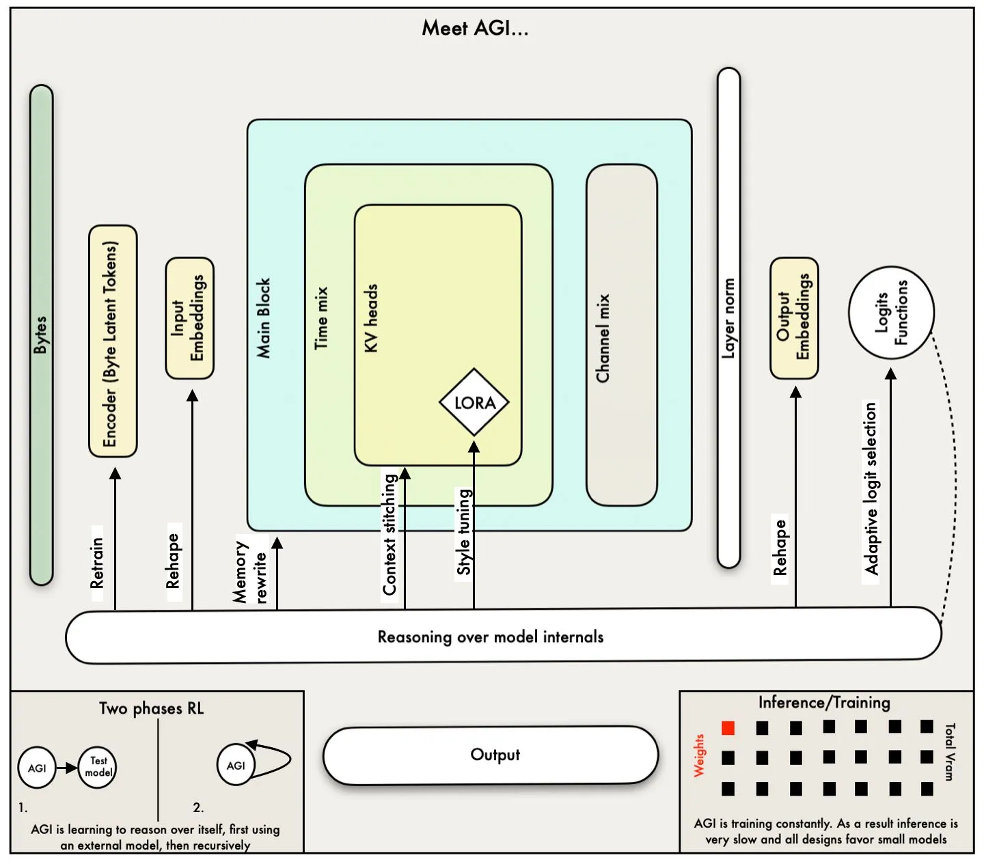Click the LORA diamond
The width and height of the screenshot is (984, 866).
tap(474, 402)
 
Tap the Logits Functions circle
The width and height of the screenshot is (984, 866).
tap(891, 313)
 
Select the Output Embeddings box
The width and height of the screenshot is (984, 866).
tap(794, 318)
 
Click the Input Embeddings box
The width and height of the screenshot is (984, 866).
tap(189, 318)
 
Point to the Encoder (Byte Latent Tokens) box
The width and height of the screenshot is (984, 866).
tap(113, 341)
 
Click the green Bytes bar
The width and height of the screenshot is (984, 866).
tap(42, 335)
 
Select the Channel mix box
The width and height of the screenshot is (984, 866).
tap(621, 335)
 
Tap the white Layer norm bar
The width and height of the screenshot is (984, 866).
tap(728, 318)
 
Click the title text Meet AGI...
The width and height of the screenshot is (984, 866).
tap(475, 28)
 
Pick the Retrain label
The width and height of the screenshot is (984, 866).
tap(97, 563)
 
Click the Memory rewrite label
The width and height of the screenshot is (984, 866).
tap(249, 571)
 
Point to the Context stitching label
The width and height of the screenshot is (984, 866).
tap(389, 535)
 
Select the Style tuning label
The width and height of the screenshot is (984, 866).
tap(464, 532)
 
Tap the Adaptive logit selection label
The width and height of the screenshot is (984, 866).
tap(870, 489)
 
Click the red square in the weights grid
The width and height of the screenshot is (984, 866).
tap(728, 728)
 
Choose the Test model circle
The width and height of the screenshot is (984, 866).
tap(98, 767)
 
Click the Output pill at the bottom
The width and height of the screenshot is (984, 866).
tap(491, 755)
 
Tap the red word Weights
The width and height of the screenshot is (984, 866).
tap(699, 756)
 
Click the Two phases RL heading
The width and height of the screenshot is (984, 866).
tap(151, 708)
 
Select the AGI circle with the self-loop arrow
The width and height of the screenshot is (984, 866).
tap(236, 766)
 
